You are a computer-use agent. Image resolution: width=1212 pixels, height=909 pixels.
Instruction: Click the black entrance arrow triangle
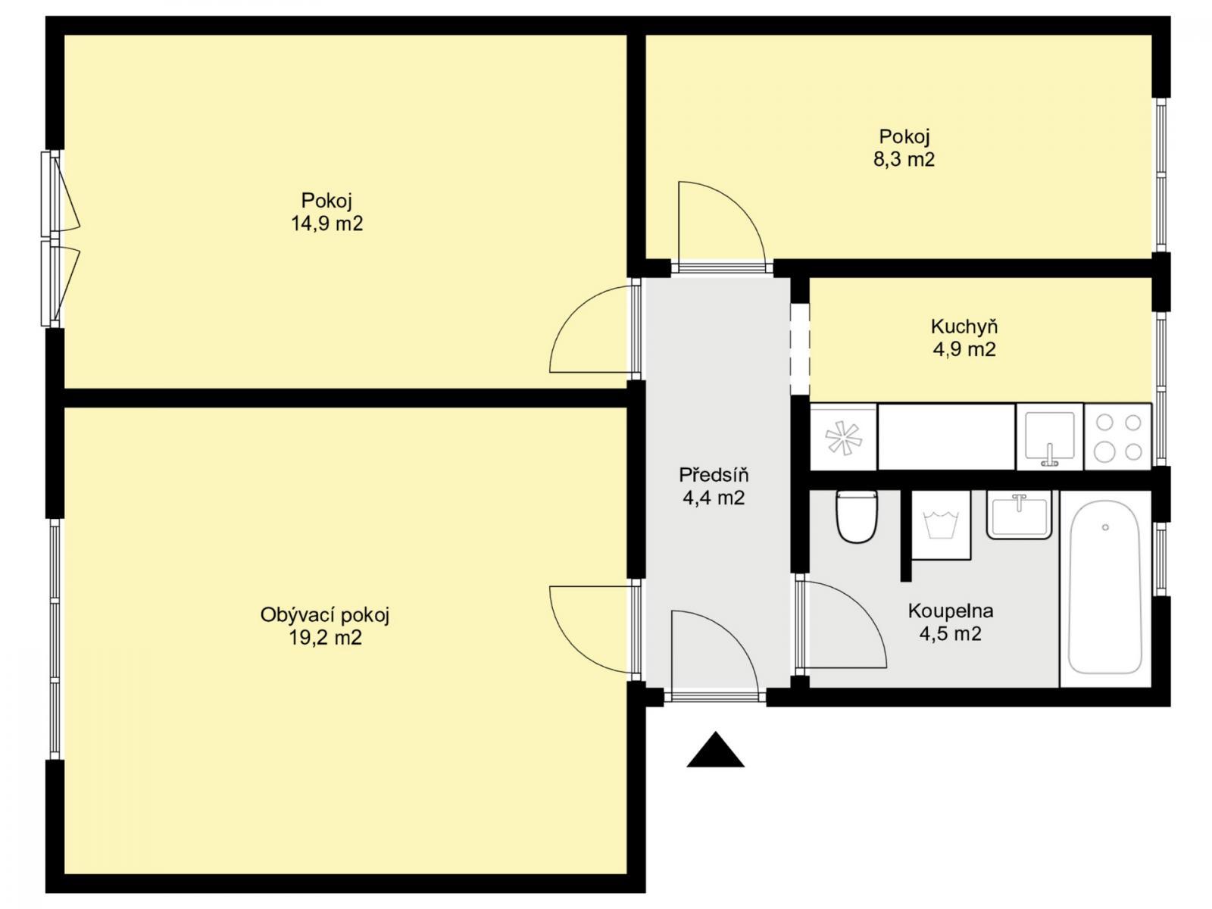tap(715, 752)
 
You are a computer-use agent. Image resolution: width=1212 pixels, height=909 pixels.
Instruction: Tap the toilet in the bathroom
tap(856, 517)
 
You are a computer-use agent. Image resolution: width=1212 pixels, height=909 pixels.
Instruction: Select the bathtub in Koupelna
tap(1105, 588)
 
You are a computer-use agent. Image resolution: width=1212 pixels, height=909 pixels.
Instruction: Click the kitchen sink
tap(1050, 436)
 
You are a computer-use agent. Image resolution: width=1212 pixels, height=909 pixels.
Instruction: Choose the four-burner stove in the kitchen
tap(1117, 436)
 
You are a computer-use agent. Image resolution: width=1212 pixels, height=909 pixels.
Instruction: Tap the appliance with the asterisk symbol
tap(843, 436)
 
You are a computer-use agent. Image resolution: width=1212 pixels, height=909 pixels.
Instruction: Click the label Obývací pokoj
tap(325, 615)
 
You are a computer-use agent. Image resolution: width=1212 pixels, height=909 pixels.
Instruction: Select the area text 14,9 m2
tap(327, 223)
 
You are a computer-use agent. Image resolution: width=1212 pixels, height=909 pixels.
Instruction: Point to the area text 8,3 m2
tap(904, 160)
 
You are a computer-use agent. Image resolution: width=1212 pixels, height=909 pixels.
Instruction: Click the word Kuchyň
tap(964, 326)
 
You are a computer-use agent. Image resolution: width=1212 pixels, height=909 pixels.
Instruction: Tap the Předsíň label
tap(714, 474)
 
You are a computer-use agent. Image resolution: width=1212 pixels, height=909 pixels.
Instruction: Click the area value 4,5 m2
tap(950, 633)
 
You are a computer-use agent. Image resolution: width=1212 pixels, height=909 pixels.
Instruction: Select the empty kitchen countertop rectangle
tap(946, 436)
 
